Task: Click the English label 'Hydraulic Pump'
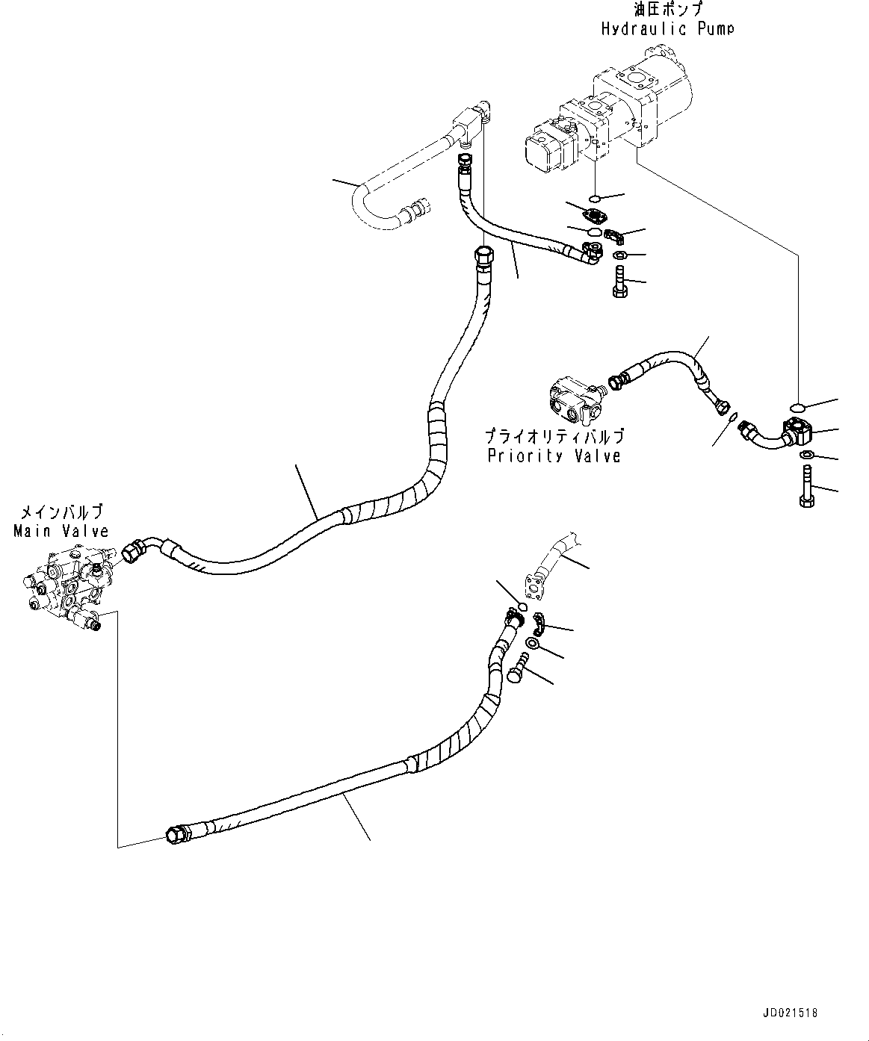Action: tap(667, 28)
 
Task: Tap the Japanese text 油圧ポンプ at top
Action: tap(667, 10)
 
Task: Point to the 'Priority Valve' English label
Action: tap(554, 456)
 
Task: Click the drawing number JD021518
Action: tap(790, 1013)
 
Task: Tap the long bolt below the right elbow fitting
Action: tap(807, 486)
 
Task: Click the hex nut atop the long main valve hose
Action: tap(482, 256)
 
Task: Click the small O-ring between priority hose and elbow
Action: tap(734, 417)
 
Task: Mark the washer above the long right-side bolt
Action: tap(806, 456)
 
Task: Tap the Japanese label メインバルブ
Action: tap(61, 512)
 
